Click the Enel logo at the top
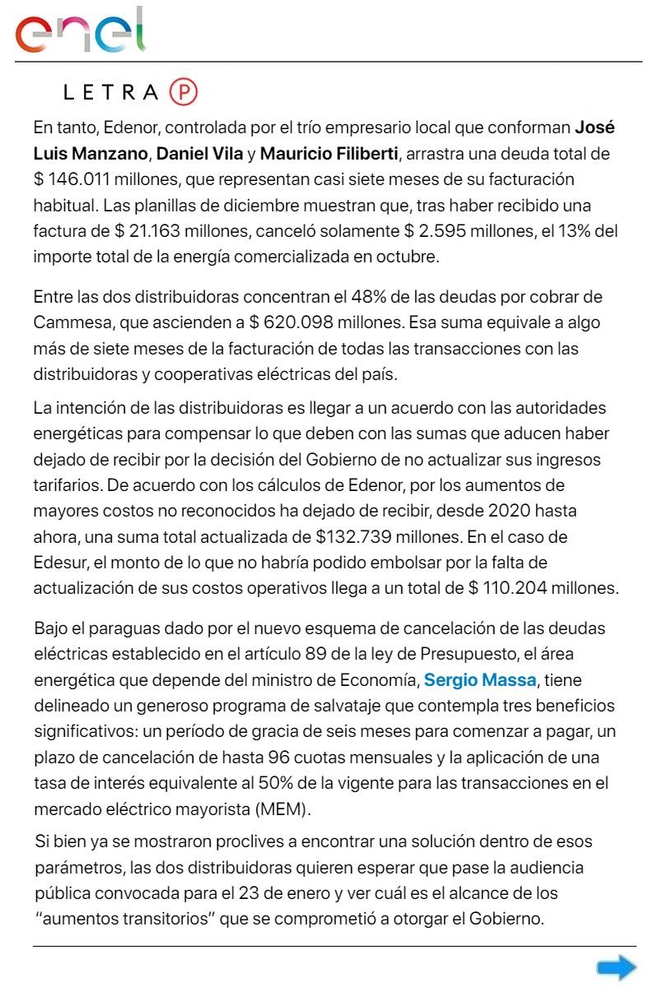[81, 30]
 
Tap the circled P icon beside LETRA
[184, 92]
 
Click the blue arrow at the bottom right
[616, 967]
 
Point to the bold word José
[595, 128]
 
